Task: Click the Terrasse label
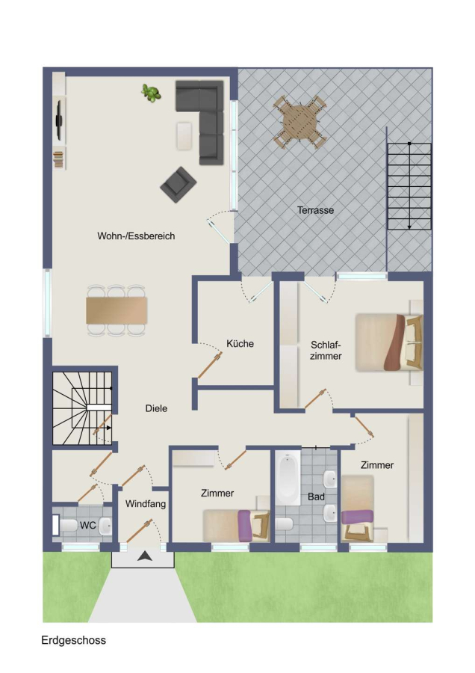[315, 210]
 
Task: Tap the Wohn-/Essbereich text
[136, 236]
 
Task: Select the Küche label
[240, 343]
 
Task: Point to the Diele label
[156, 408]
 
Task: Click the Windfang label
[146, 503]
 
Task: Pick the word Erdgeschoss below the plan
[73, 640]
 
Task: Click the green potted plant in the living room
[151, 93]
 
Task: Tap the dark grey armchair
[178, 185]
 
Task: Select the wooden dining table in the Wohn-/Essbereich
[117, 310]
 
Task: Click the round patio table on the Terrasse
[300, 122]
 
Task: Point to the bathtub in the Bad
[288, 477]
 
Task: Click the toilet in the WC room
[69, 525]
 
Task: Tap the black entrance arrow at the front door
[144, 556]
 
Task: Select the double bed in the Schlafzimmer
[389, 342]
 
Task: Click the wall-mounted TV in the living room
[59, 120]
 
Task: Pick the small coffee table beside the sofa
[184, 136]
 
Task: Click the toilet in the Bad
[285, 524]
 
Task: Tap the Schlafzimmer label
[326, 350]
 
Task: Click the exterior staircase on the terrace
[409, 186]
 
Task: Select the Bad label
[316, 497]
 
